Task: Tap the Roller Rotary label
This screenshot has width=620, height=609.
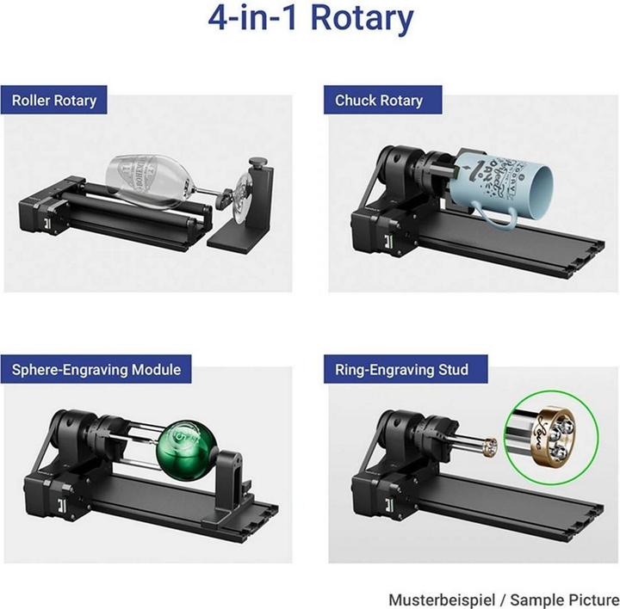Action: (53, 100)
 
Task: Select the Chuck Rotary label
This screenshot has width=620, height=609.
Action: (379, 101)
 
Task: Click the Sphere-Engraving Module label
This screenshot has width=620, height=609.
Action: (96, 370)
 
